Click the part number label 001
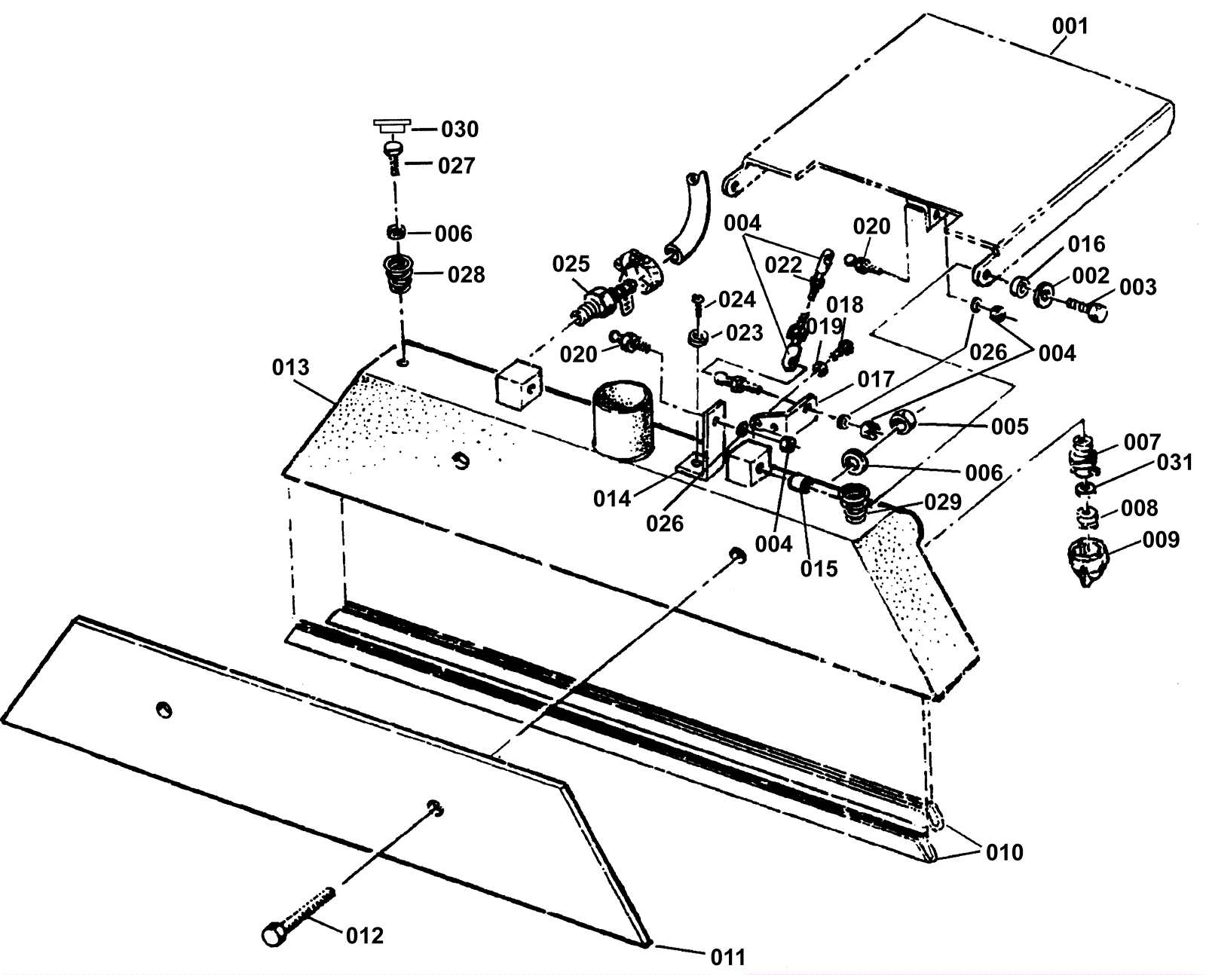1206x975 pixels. pyautogui.click(x=1070, y=26)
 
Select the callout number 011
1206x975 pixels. pyautogui.click(x=727, y=958)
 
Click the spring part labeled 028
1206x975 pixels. pyautogui.click(x=398, y=274)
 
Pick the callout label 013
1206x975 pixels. pyautogui.click(x=290, y=368)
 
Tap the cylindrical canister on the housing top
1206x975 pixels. pyautogui.click(x=623, y=420)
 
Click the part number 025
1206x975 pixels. pyautogui.click(x=571, y=264)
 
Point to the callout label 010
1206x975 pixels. pyautogui.click(x=1005, y=852)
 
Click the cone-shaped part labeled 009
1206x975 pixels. pyautogui.click(x=1087, y=562)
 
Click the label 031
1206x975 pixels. pyautogui.click(x=1175, y=463)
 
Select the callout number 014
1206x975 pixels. pyautogui.click(x=612, y=499)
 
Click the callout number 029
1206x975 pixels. pyautogui.click(x=943, y=502)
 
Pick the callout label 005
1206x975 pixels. pyautogui.click(x=1009, y=427)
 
